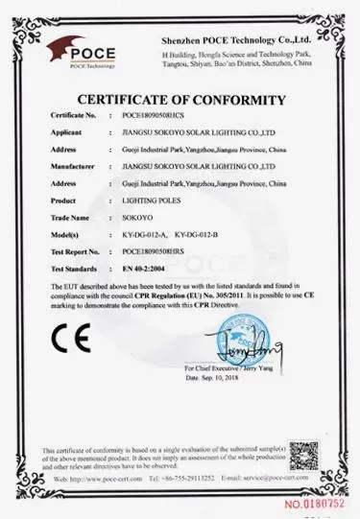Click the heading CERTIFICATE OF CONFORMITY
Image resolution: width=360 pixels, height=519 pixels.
coord(180,100)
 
